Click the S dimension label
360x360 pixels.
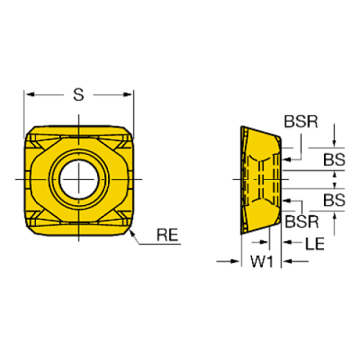coord(79,94)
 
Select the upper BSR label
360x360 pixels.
coord(302,122)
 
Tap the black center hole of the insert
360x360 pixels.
coord(79,179)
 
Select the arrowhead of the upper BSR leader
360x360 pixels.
coord(284,157)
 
